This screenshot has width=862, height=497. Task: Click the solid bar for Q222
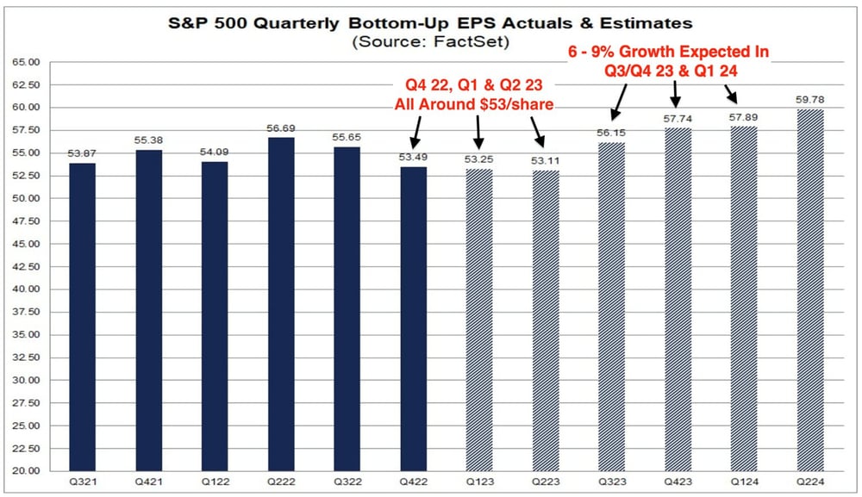[281, 304]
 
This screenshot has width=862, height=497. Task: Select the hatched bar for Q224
[810, 290]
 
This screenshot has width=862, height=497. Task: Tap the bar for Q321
[83, 317]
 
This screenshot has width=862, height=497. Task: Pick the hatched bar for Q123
[479, 320]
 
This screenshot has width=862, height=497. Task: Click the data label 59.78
[809, 99]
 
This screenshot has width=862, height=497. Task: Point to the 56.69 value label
[281, 128]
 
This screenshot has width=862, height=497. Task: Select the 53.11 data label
[546, 160]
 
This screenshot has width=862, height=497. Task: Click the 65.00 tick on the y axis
[26, 62]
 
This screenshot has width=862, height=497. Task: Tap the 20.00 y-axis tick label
[26, 470]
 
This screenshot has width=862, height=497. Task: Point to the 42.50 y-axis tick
[26, 266]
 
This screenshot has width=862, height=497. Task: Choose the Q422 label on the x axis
[414, 481]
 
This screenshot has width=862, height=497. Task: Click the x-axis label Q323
[612, 481]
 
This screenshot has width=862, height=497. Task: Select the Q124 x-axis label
[745, 481]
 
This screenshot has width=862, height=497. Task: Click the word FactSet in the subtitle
[472, 41]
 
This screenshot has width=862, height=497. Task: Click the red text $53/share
[516, 104]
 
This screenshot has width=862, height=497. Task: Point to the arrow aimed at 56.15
[618, 101]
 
